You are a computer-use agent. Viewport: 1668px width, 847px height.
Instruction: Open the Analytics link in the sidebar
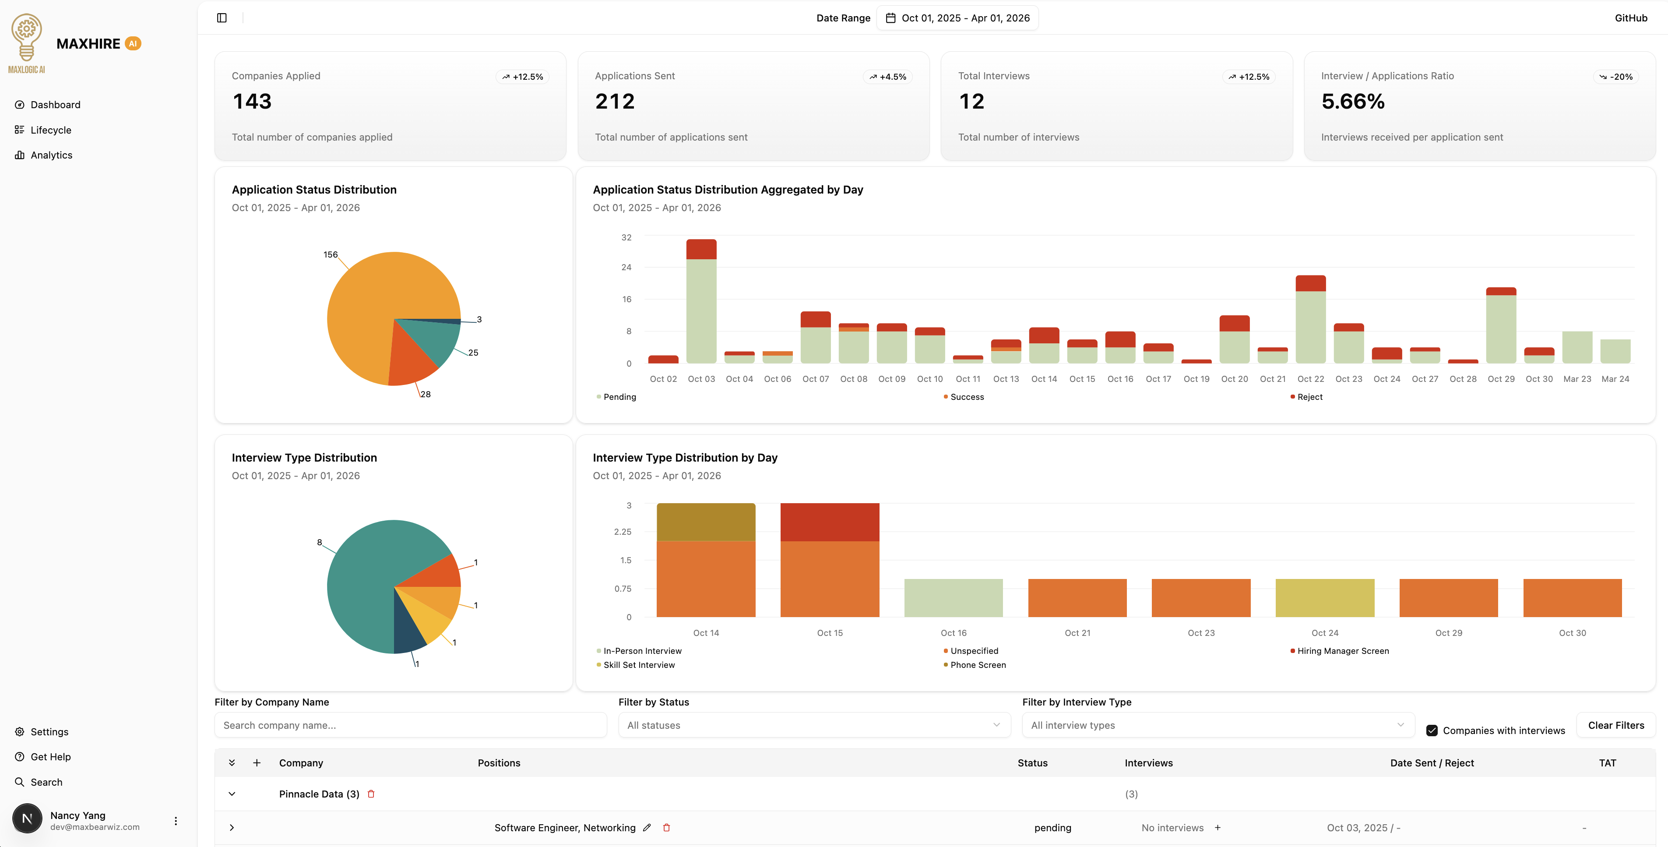click(51, 155)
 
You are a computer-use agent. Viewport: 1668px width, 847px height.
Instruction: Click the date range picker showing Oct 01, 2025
click(957, 18)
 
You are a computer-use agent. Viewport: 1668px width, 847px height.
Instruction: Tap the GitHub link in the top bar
click(1630, 18)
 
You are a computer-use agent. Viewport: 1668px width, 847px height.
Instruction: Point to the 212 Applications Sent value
click(615, 102)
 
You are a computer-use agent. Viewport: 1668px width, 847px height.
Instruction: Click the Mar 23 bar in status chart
click(1577, 348)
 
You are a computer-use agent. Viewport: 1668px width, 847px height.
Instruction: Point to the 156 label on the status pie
click(330, 254)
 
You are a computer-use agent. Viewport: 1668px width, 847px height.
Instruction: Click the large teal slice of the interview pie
click(362, 583)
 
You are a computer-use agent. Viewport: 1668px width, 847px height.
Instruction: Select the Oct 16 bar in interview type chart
click(953, 598)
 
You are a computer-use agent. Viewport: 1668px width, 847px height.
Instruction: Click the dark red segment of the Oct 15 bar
click(830, 522)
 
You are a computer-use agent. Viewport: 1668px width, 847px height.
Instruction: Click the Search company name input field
click(411, 725)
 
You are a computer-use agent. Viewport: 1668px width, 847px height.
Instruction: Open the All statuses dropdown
click(814, 725)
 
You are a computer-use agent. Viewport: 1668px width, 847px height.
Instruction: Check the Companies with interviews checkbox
click(1432, 731)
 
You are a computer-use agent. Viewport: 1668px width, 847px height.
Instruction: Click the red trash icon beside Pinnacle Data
click(371, 794)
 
